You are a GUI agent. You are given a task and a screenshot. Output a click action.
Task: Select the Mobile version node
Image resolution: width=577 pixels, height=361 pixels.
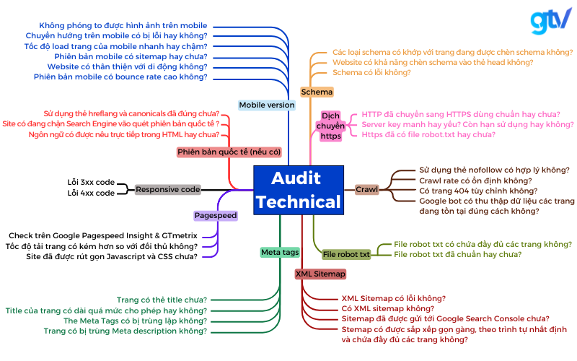click(267, 105)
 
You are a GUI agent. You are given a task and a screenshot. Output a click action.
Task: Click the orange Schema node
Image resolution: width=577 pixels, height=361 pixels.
click(317, 92)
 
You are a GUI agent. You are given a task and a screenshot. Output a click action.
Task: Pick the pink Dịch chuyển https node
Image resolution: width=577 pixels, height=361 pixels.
click(331, 126)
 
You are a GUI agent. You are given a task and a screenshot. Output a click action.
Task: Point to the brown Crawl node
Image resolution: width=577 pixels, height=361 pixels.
click(366, 189)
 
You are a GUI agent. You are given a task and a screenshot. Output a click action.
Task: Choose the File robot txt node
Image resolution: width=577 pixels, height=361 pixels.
click(346, 254)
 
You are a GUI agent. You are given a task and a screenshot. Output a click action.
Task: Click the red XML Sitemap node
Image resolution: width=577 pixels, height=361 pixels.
click(320, 274)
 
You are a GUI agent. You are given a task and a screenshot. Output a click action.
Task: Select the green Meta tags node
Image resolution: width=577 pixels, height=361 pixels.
click(280, 252)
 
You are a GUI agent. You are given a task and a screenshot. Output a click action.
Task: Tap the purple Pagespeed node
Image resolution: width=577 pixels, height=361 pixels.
click(216, 215)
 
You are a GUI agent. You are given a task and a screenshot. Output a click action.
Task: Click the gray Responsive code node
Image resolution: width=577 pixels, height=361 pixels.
click(168, 189)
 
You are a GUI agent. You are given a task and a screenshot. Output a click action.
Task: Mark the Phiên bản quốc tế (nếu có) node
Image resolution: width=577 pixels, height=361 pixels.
click(229, 152)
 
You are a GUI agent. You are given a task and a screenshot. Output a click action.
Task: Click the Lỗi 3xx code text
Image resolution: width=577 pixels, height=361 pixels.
click(91, 183)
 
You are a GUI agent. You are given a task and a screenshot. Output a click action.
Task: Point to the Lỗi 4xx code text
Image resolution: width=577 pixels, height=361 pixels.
click(91, 193)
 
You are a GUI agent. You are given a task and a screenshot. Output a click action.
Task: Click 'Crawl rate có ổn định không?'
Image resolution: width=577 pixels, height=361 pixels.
click(475, 180)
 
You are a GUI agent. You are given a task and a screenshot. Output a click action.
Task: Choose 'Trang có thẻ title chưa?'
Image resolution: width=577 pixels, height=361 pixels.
click(162, 300)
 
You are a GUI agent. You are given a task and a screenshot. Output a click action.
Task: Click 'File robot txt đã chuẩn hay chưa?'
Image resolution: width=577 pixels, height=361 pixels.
click(458, 254)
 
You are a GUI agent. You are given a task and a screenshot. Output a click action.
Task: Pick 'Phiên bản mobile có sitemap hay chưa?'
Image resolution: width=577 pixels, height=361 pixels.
click(131, 56)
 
